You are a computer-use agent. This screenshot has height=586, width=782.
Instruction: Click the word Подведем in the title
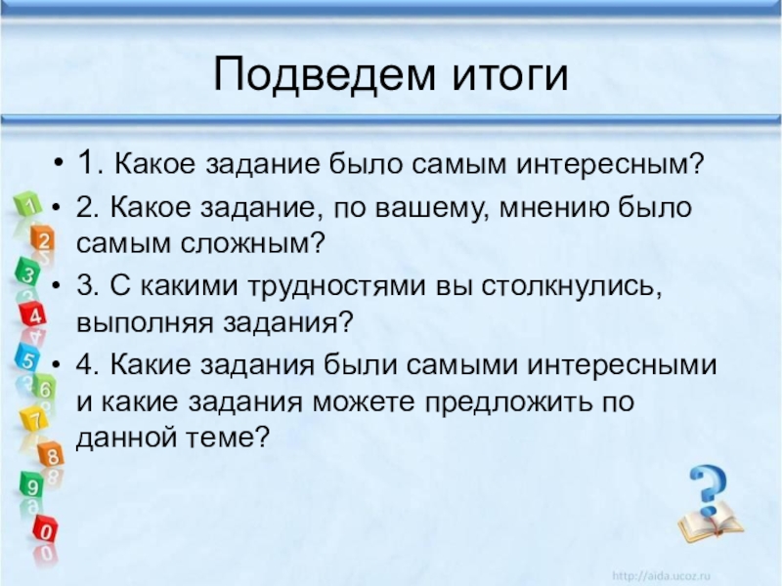[x=325, y=75]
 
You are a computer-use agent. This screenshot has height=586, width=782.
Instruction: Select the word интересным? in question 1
[x=609, y=163]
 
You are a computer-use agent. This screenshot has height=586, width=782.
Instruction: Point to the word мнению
[x=554, y=207]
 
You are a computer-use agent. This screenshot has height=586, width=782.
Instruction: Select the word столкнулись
[x=572, y=287]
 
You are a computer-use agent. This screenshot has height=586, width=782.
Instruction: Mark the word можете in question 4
[x=364, y=402]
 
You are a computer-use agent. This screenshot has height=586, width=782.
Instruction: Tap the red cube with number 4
[x=33, y=314]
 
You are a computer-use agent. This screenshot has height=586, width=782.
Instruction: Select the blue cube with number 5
[x=27, y=357]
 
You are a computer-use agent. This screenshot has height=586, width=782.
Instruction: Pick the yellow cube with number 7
[x=33, y=419]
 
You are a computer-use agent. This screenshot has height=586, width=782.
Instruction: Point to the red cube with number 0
[x=45, y=529]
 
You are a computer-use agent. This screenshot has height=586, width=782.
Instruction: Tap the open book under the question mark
[x=711, y=524]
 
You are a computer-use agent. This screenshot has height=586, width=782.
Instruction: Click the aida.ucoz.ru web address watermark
[x=661, y=576]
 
